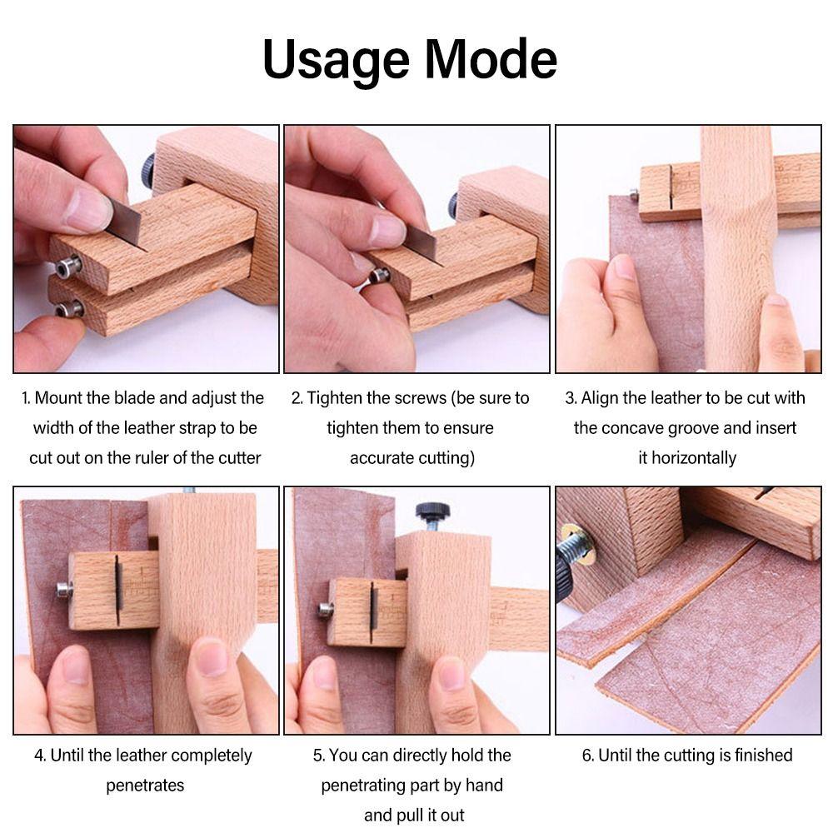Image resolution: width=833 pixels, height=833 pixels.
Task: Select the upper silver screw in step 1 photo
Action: (66, 268)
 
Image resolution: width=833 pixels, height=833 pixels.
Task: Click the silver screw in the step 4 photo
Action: (62, 591)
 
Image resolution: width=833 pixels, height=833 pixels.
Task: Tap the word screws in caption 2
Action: (421, 398)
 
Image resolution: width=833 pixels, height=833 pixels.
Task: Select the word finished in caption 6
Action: (754, 756)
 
